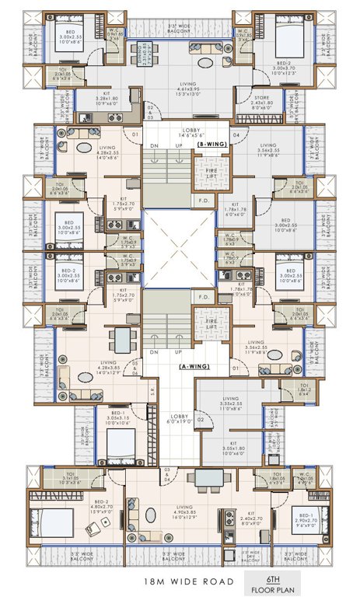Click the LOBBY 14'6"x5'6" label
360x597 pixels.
pyautogui.click(x=191, y=132)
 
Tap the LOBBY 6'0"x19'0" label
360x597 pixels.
pyautogui.click(x=180, y=421)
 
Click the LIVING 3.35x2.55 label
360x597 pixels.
pyautogui.click(x=229, y=405)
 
